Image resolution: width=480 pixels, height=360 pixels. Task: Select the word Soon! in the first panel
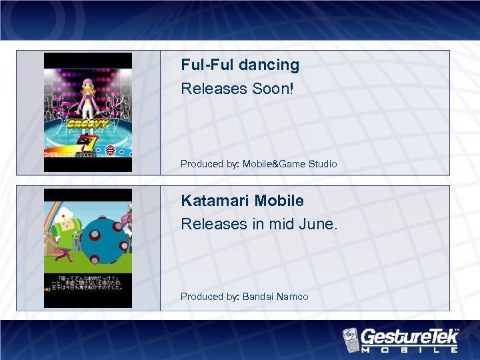click(276, 89)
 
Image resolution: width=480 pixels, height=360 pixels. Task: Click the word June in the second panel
click(323, 224)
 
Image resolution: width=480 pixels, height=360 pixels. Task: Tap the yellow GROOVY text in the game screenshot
click(87, 125)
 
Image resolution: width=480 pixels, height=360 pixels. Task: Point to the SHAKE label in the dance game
click(86, 155)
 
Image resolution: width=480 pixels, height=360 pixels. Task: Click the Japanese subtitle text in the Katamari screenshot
click(88, 284)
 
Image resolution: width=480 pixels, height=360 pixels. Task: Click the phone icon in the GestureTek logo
click(351, 338)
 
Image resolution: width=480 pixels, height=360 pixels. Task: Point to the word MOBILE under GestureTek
click(409, 349)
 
